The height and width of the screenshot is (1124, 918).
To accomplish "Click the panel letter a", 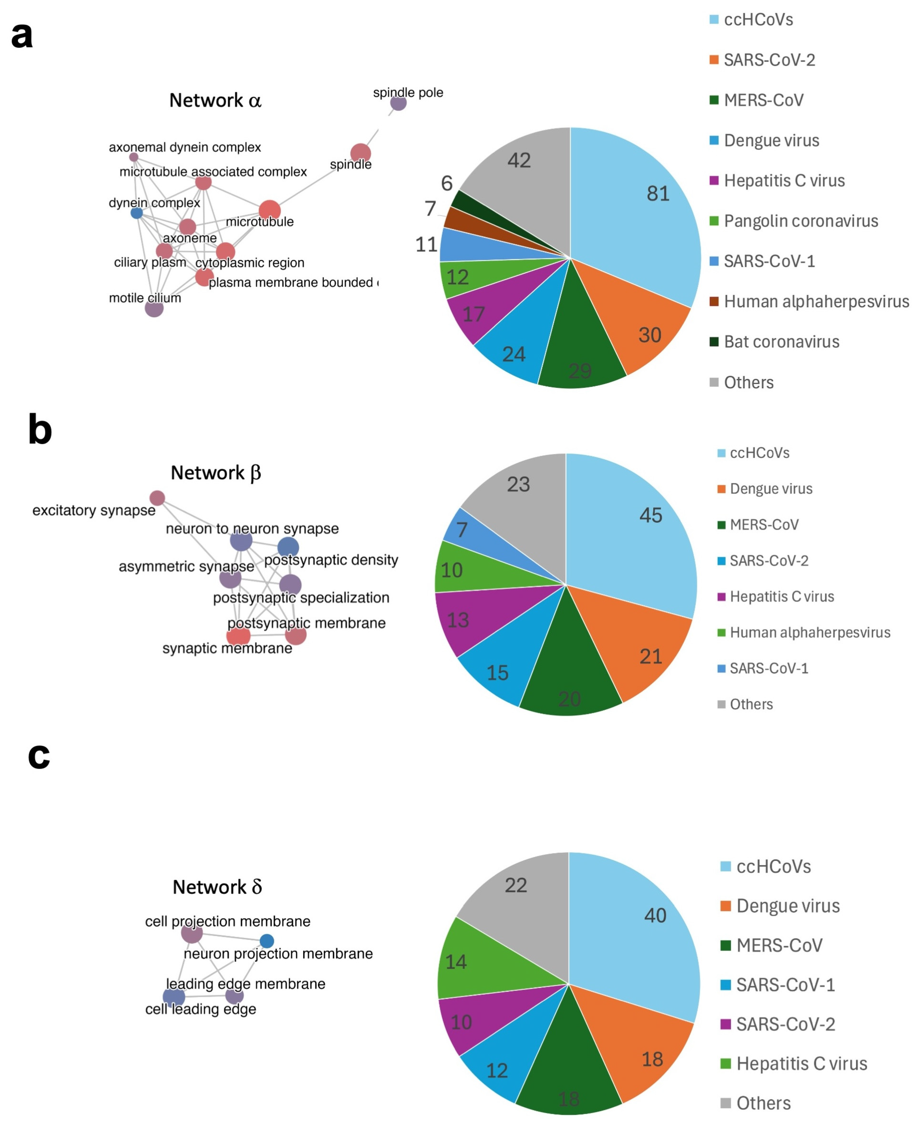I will (22, 36).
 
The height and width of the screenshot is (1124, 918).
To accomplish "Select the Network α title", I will (215, 100).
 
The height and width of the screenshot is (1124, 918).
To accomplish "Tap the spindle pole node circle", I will (398, 103).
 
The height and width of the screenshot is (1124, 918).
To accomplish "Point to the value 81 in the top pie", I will (658, 194).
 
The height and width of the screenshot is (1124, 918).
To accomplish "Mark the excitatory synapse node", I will (157, 498).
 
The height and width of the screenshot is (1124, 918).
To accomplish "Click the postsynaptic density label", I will (331, 560).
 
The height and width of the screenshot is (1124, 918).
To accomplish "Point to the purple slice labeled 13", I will (458, 620).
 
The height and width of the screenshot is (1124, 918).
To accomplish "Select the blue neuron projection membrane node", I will (267, 941).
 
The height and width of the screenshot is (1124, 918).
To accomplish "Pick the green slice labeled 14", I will (456, 962).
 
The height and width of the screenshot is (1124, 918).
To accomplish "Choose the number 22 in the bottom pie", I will (516, 885).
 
